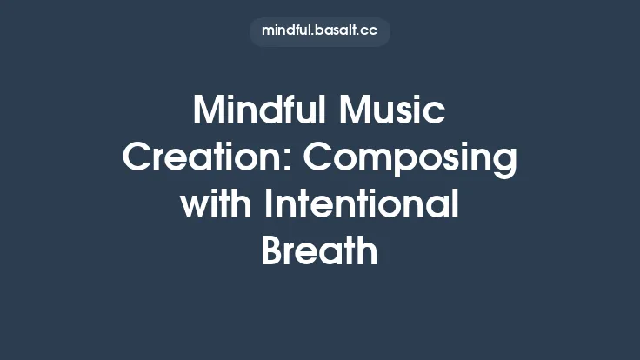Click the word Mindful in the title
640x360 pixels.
(257, 112)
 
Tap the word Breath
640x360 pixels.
(319, 251)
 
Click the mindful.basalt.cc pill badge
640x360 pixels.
(319, 31)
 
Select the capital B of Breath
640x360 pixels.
(272, 251)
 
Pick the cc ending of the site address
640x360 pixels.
(370, 32)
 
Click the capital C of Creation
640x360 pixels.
(136, 159)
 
